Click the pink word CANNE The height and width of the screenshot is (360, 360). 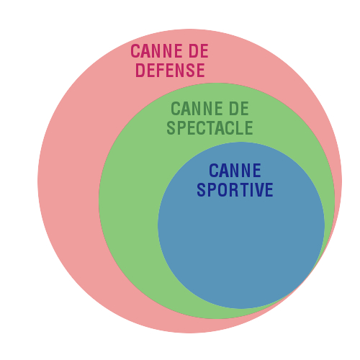tap(157, 51)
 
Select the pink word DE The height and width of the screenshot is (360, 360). tap(199, 51)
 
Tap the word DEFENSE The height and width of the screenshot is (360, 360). tap(170, 70)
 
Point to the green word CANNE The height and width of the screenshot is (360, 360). tap(197, 109)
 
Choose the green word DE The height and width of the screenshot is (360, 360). tap(239, 109)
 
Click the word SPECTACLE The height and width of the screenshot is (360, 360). tap(210, 127)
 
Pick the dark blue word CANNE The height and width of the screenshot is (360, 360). tap(235, 171)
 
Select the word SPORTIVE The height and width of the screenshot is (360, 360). tap(235, 190)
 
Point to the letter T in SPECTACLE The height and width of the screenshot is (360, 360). tap(211, 127)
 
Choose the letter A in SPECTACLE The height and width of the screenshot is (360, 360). tap(221, 127)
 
